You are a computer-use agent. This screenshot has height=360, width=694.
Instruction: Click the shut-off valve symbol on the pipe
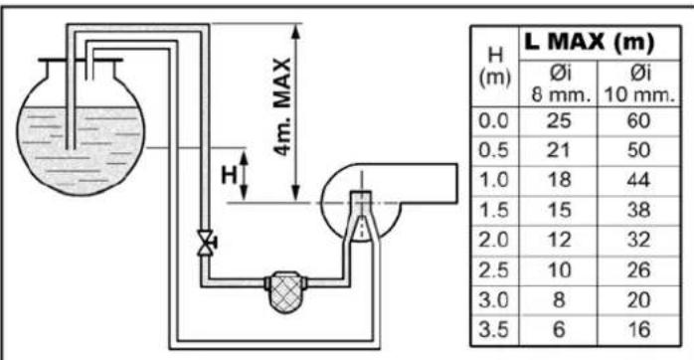point(206,243)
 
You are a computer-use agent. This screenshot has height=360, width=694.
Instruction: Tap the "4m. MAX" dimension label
point(282,107)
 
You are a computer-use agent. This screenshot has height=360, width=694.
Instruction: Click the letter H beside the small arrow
point(230,174)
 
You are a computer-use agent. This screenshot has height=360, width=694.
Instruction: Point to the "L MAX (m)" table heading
point(589,43)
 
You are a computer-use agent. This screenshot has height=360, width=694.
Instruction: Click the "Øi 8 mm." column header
point(560,85)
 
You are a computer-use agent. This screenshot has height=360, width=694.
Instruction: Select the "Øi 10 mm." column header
point(639,85)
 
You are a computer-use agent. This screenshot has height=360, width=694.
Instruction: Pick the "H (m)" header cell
point(495,67)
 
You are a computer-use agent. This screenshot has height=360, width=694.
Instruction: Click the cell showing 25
point(559,121)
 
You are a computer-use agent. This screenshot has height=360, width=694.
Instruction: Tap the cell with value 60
point(638,121)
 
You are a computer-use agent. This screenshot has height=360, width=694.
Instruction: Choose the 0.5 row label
point(493,150)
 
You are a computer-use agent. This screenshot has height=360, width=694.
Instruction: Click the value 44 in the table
point(638,180)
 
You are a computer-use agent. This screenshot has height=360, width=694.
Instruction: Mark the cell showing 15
point(559,210)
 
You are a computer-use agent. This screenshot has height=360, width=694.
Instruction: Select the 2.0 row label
point(493,240)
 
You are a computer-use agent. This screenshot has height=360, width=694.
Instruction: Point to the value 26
point(638,270)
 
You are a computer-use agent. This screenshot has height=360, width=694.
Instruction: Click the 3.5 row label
point(493,330)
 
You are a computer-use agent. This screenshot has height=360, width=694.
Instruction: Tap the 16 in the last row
point(638,330)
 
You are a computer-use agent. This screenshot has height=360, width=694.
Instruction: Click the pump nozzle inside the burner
point(362,216)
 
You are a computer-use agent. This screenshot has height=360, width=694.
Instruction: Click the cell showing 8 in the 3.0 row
point(559,299)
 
